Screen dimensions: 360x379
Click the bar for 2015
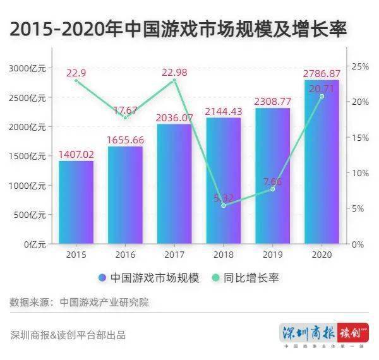(76, 202)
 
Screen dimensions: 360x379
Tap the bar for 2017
(174, 184)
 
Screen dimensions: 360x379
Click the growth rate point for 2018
(224, 205)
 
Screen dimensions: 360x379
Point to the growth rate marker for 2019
(272, 189)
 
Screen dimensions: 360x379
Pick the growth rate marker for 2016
(125, 117)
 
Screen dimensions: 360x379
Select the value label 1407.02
(76, 153)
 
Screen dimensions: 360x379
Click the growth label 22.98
(174, 73)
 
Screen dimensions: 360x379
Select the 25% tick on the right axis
(359, 66)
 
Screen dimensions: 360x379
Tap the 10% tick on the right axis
(359, 173)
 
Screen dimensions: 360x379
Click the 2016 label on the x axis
(125, 254)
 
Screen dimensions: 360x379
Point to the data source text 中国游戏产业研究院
(104, 302)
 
